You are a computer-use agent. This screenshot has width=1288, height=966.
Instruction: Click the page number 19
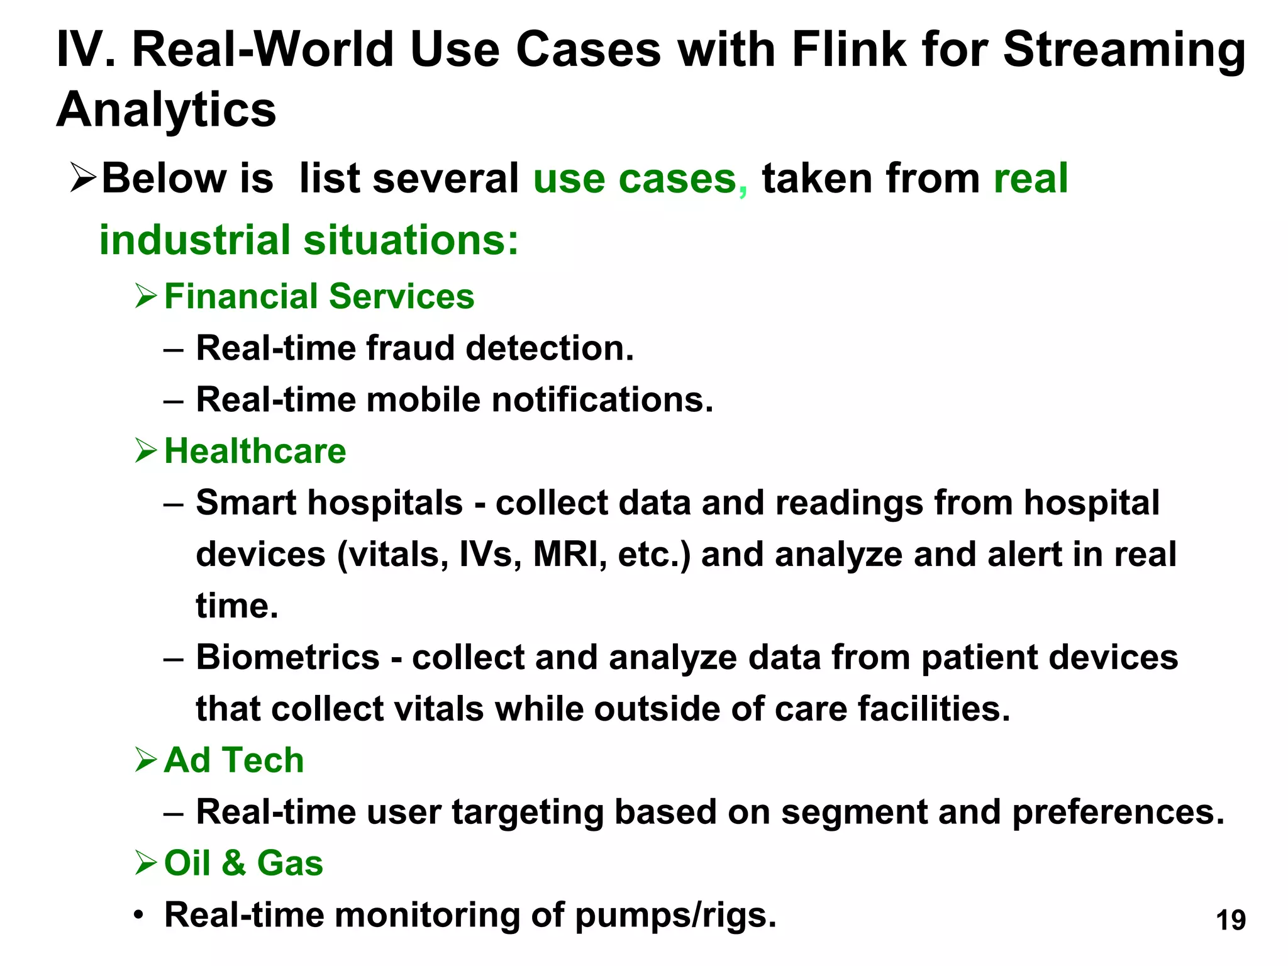click(1231, 920)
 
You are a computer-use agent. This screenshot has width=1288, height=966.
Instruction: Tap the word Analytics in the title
click(166, 109)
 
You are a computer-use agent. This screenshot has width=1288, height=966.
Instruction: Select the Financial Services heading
click(319, 296)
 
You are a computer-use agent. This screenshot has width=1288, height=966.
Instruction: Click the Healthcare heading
click(255, 451)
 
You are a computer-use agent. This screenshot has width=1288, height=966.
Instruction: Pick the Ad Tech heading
click(234, 760)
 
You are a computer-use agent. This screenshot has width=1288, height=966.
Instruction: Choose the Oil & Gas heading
click(243, 863)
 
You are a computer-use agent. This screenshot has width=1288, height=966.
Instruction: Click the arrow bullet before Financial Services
click(145, 296)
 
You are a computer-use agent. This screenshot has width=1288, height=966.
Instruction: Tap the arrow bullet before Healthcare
click(145, 451)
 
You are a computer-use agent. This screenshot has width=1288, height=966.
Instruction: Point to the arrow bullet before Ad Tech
click(145, 760)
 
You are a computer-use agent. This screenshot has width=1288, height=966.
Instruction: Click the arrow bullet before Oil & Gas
click(145, 863)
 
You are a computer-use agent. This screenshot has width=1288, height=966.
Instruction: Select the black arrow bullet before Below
click(83, 178)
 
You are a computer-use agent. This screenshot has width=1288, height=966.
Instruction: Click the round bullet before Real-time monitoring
click(140, 915)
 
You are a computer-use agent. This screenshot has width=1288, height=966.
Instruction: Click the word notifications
click(602, 399)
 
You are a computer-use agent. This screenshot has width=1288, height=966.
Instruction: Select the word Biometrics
click(287, 657)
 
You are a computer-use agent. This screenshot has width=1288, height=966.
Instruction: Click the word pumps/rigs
click(675, 915)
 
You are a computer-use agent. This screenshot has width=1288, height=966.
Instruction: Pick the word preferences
click(1118, 812)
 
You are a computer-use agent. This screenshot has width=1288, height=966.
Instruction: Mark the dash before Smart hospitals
click(173, 504)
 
